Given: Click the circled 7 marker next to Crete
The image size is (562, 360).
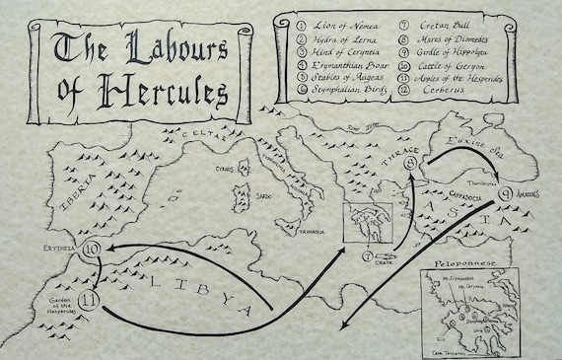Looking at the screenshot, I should (x=367, y=256).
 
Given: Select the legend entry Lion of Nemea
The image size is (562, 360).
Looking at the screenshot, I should (x=338, y=21).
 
